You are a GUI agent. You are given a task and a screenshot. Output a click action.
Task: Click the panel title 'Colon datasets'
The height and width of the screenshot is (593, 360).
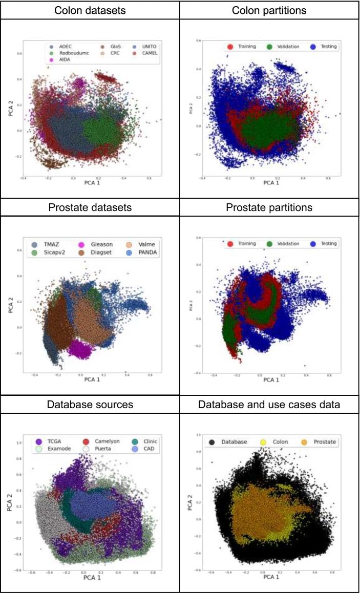click(90, 10)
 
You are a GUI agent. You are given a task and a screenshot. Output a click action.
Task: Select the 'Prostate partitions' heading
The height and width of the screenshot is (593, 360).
click(269, 208)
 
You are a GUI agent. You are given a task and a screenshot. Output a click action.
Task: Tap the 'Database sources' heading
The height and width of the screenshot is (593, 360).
click(90, 405)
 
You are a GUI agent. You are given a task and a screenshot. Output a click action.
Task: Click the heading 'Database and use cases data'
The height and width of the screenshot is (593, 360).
click(269, 405)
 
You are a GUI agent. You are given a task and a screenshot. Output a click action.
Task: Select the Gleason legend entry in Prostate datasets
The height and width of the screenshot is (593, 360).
click(97, 244)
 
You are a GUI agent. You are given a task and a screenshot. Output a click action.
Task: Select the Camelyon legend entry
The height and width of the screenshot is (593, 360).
click(100, 441)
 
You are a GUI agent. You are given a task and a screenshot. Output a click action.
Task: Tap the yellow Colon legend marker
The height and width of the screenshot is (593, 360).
click(264, 442)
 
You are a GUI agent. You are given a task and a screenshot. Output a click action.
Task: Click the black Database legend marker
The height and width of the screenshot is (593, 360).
click(212, 442)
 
